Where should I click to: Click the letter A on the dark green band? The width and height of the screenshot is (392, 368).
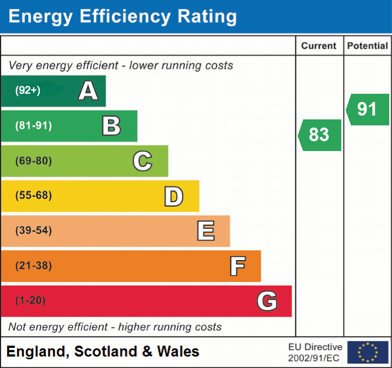pyautogui.click(x=88, y=91)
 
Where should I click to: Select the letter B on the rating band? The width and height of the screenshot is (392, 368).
pyautogui.click(x=111, y=126)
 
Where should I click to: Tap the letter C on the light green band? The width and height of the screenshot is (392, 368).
pyautogui.click(x=142, y=161)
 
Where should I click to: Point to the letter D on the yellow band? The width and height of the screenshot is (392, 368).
pyautogui.click(x=173, y=196)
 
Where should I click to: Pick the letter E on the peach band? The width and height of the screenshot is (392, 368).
pyautogui.click(x=206, y=231)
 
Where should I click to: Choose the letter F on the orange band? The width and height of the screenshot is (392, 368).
pyautogui.click(x=237, y=266)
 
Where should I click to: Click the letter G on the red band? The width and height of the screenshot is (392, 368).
pyautogui.click(x=267, y=301)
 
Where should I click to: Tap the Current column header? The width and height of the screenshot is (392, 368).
pyautogui.click(x=319, y=46)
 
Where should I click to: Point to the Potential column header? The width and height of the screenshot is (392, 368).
pyautogui.click(x=367, y=46)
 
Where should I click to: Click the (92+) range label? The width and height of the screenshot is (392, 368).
pyautogui.click(x=28, y=91)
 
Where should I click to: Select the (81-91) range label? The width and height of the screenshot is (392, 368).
pyautogui.click(x=34, y=126)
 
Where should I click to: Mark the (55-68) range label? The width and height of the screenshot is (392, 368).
pyautogui.click(x=34, y=196)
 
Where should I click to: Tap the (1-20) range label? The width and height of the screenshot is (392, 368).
pyautogui.click(x=31, y=300)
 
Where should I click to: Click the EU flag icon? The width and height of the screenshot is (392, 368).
pyautogui.click(x=367, y=352)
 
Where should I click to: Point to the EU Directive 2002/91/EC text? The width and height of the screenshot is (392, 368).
pyautogui.click(x=315, y=352)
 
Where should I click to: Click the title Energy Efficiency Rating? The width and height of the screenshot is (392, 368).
pyautogui.click(x=123, y=17)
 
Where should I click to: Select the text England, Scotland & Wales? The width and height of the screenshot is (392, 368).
pyautogui.click(x=103, y=352)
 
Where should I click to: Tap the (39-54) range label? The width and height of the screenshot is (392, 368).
pyautogui.click(x=34, y=231)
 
